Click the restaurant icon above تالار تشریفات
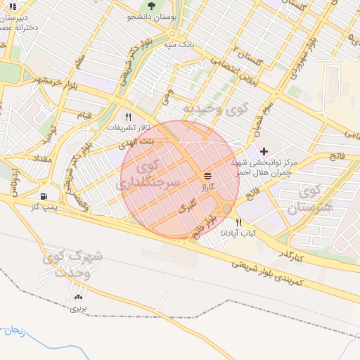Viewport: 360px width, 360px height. click(128, 117)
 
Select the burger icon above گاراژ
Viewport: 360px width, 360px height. click(207, 176)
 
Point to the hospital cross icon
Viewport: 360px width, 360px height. click(264, 151)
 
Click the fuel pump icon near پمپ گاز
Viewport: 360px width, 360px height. click(45, 196)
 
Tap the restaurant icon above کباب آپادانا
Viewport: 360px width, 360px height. click(239, 222)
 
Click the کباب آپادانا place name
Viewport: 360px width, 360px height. click(241, 233)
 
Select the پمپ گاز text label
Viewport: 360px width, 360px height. click(44, 207)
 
